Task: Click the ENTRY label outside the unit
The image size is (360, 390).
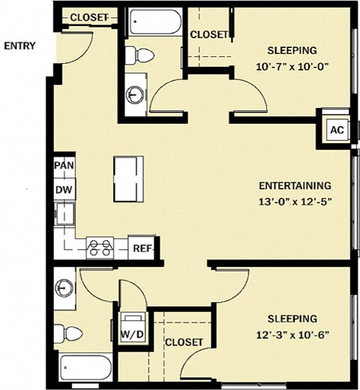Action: click(x=19, y=46)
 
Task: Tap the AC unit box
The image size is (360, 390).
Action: click(x=337, y=130)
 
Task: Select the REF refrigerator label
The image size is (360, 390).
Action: click(x=142, y=248)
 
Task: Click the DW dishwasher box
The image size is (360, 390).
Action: click(x=64, y=189)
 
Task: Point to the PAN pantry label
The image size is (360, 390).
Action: click(x=64, y=165)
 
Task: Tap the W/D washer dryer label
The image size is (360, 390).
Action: click(x=132, y=334)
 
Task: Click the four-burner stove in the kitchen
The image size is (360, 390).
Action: click(x=100, y=247)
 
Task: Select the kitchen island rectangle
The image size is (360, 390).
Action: click(x=128, y=179)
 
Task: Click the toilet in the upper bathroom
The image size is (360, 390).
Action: click(x=139, y=55)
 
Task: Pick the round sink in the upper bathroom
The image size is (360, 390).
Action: click(x=135, y=94)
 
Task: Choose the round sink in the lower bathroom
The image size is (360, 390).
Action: click(x=64, y=288)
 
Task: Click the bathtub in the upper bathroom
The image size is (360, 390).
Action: click(x=155, y=22)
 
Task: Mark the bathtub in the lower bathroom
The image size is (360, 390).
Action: click(x=86, y=368)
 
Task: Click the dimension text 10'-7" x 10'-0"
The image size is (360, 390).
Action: click(x=292, y=67)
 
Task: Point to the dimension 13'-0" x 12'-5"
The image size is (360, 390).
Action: click(x=295, y=202)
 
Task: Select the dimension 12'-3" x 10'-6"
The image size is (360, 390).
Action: click(x=292, y=334)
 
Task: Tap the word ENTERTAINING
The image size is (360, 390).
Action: click(x=295, y=186)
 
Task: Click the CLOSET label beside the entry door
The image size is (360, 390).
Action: click(x=89, y=17)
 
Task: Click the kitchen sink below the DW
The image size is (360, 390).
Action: click(x=64, y=214)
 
